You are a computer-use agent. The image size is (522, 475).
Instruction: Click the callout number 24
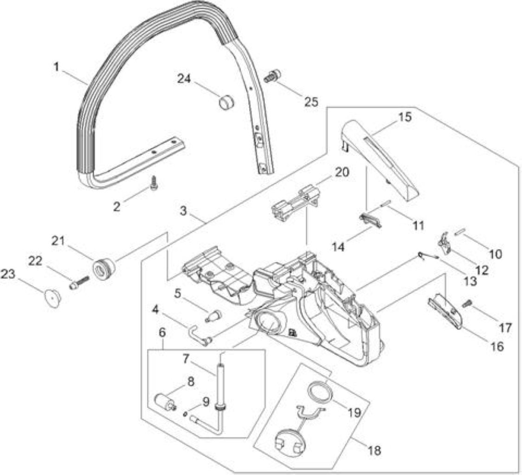coord(184,79)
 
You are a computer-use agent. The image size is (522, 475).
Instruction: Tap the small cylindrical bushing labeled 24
coord(227,101)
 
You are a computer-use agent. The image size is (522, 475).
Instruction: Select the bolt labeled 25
coord(272,76)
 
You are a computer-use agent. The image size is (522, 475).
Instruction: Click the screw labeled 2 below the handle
coord(154,183)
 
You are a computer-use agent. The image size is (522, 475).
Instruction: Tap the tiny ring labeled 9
coord(185,414)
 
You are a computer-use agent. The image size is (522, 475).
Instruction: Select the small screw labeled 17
coord(467,303)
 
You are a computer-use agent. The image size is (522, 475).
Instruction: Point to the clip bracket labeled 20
coord(295,203)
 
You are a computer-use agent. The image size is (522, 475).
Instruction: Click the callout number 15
coord(405,117)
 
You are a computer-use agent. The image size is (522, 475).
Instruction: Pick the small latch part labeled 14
coord(370,220)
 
